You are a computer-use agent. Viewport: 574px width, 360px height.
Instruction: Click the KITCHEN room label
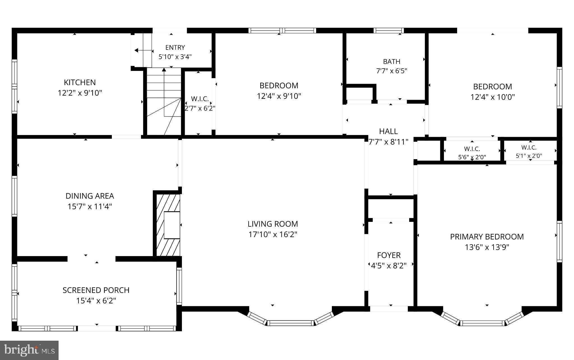pos(80,82)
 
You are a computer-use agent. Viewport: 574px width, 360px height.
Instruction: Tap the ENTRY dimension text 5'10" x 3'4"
pos(175,57)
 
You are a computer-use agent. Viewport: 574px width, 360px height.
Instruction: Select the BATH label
pos(392,61)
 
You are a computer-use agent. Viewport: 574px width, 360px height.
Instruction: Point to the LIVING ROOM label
pos(273,224)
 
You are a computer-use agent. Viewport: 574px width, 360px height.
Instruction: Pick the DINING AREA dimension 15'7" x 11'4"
pos(90,206)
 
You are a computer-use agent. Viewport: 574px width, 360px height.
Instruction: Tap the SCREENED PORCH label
pos(96,290)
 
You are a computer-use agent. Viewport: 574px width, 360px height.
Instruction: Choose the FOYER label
pos(389,255)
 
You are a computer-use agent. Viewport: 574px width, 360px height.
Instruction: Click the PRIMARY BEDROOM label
pos(487,237)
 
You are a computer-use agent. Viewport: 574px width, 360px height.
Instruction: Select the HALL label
pos(388,131)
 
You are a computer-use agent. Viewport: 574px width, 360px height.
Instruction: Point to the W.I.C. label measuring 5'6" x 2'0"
pos(472,149)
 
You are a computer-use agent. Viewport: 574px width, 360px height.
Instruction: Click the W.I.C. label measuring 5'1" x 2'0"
pos(529,147)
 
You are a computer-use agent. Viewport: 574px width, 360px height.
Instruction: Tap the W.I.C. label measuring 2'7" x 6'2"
pos(200,99)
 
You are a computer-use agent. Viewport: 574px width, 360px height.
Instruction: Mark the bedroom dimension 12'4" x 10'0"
pos(492,97)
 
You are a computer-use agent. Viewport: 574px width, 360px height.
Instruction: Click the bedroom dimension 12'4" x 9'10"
pos(279,96)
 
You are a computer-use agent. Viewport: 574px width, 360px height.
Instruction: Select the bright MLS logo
pos(29,350)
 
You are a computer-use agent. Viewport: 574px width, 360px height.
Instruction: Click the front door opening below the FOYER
pos(389,309)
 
